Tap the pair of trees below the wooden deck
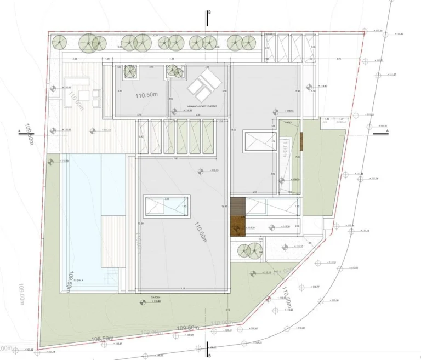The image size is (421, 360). [247, 251]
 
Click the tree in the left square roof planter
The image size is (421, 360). [130, 71]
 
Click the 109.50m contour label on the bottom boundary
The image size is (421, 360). [186, 328]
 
